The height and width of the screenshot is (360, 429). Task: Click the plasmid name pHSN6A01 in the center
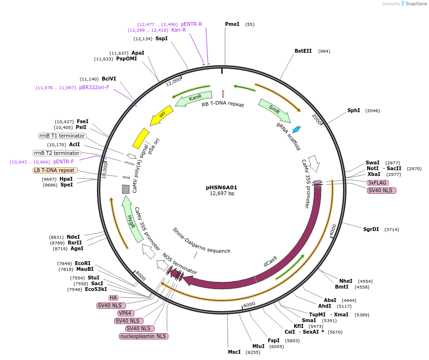pyautogui.click(x=221, y=187)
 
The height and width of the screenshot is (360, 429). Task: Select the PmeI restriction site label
pyautogui.click(x=232, y=24)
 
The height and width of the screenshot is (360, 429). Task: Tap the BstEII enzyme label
pyautogui.click(x=303, y=51)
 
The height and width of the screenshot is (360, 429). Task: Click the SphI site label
pyautogui.click(x=354, y=111)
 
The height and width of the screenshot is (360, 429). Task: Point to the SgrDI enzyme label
pyautogui.click(x=371, y=229)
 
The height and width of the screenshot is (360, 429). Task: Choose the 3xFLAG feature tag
pyautogui.click(x=377, y=183)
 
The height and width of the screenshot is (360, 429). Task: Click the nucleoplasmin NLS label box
pyautogui.click(x=143, y=336)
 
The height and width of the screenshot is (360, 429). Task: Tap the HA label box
pyautogui.click(x=113, y=298)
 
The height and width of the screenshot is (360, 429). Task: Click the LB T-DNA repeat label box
pyautogui.click(x=54, y=170)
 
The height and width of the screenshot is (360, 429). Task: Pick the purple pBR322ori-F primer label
pyautogui.click(x=94, y=88)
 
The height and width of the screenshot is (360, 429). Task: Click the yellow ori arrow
pyautogui.click(x=161, y=116)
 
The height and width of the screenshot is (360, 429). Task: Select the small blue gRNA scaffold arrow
pyautogui.click(x=297, y=129)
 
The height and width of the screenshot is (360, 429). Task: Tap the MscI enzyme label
pyautogui.click(x=234, y=352)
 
